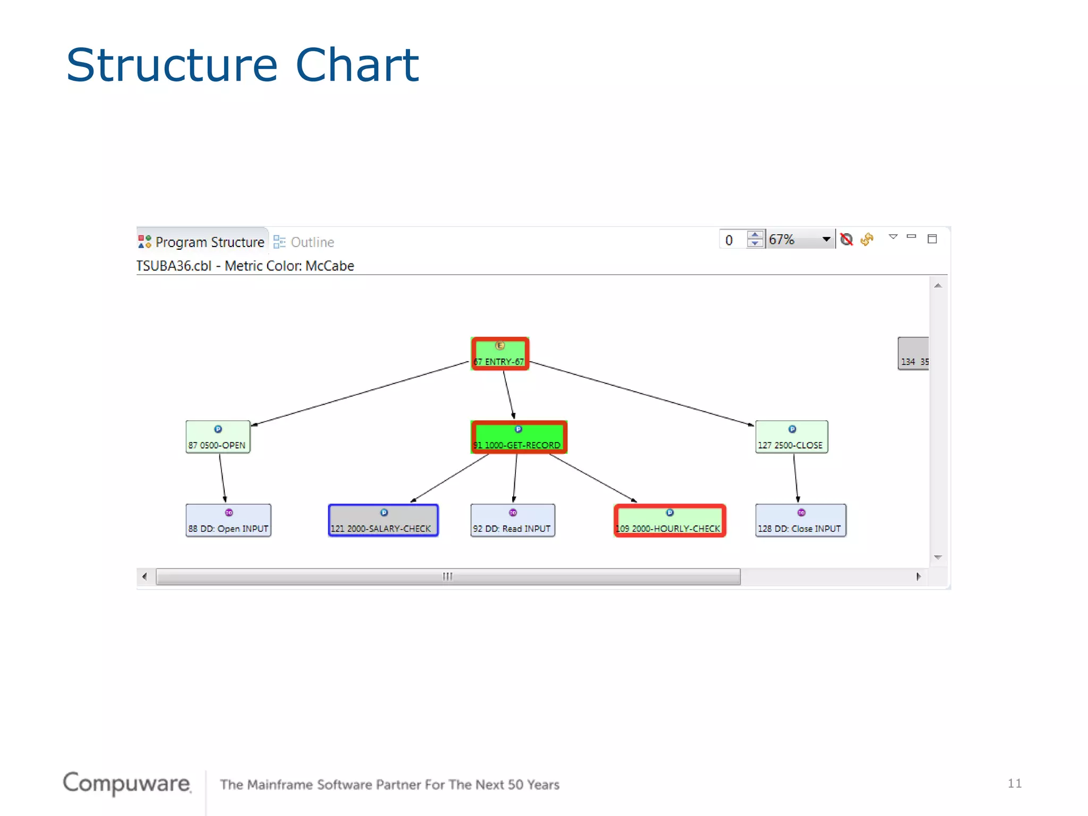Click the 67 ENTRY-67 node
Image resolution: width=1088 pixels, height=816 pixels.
click(x=500, y=354)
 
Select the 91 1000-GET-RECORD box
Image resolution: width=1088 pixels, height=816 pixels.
click(x=519, y=437)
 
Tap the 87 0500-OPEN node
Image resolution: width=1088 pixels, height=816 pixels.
click(x=218, y=437)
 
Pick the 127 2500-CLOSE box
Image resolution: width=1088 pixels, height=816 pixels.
click(x=792, y=437)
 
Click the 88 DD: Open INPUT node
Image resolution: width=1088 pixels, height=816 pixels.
click(x=228, y=521)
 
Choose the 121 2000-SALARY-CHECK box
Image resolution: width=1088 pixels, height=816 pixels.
click(x=383, y=521)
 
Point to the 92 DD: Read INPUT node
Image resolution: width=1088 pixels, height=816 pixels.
click(x=513, y=521)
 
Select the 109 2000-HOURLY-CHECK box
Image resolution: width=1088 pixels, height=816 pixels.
click(x=670, y=521)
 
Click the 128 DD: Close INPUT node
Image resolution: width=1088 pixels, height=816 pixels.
click(x=801, y=521)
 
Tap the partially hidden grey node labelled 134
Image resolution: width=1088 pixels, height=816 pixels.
click(x=913, y=354)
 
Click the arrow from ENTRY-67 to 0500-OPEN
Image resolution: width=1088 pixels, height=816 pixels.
click(x=361, y=394)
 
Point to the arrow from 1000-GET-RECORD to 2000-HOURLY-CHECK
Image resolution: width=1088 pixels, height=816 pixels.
click(x=592, y=478)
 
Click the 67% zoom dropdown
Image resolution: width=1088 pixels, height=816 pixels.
click(x=800, y=240)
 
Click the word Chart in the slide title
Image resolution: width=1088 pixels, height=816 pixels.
click(x=357, y=65)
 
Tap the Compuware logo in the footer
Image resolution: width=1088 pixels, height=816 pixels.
click(x=126, y=783)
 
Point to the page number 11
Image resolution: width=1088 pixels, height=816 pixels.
click(x=1014, y=783)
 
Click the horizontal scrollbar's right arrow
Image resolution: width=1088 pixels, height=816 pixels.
click(x=919, y=576)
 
